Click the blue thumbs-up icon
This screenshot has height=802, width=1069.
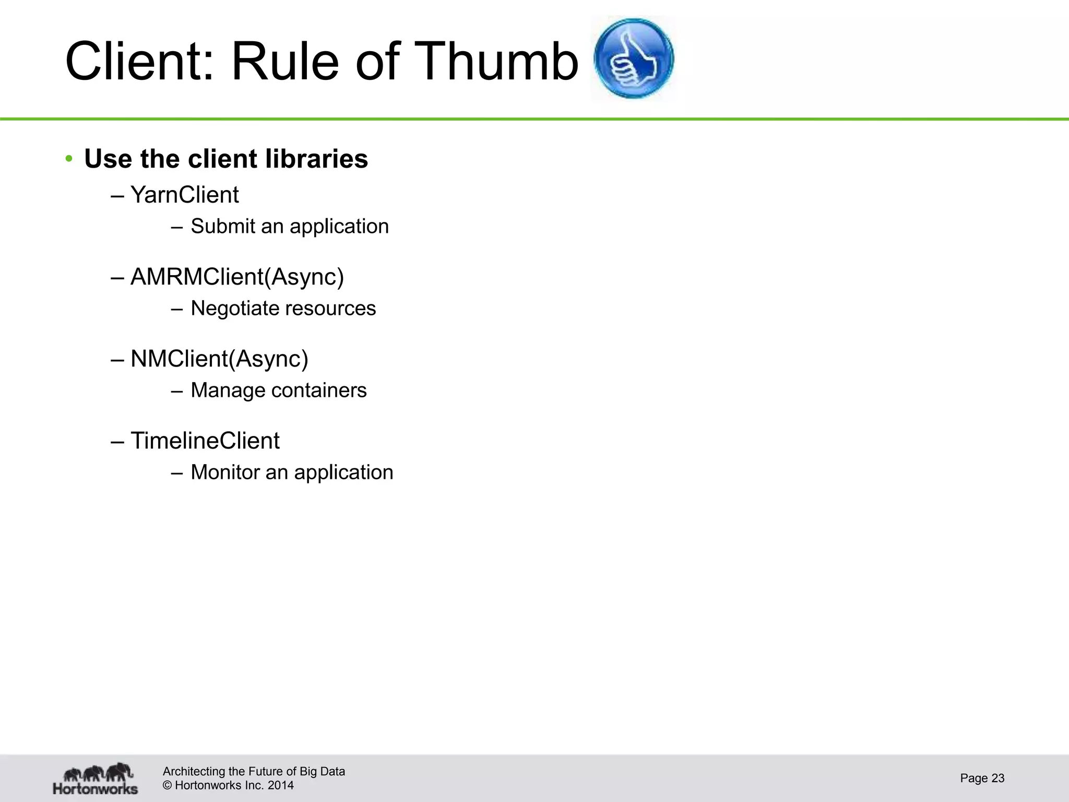click(634, 58)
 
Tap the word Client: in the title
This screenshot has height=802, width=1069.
click(139, 62)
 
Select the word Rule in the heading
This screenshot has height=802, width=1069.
click(285, 62)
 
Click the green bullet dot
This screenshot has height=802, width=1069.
click(69, 159)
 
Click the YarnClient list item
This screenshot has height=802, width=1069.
click(184, 195)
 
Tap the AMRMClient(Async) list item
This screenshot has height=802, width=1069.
click(237, 277)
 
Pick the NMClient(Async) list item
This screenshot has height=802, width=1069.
click(219, 359)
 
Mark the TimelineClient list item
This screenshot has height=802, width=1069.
click(205, 441)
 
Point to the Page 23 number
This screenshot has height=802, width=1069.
click(982, 778)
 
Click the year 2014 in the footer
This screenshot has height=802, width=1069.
click(281, 785)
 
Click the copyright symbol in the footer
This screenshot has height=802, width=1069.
click(168, 785)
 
